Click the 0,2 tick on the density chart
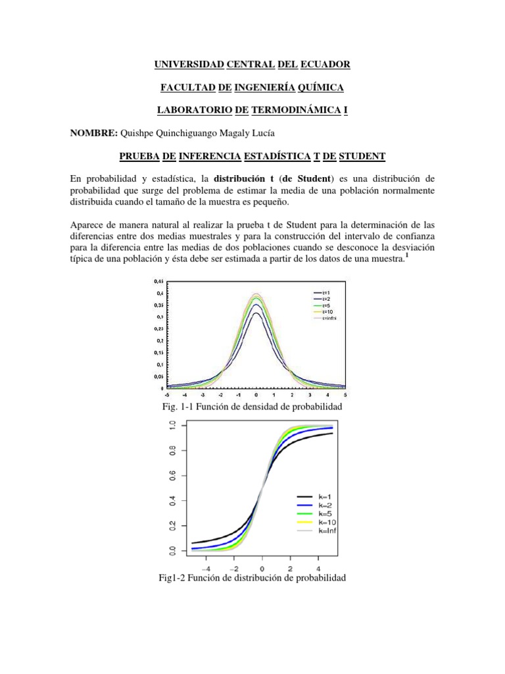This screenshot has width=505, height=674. click(160, 340)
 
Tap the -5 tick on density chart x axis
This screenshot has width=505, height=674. click(168, 394)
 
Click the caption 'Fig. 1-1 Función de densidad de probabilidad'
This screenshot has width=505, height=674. click(252, 409)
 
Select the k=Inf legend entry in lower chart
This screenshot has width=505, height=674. click(327, 531)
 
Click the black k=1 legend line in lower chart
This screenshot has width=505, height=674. click(304, 495)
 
